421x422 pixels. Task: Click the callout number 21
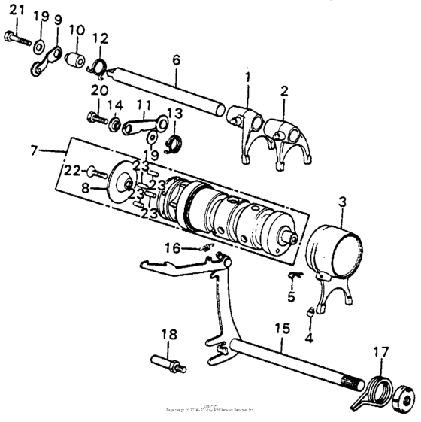tap(16, 10)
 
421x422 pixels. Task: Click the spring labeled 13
tap(174, 141)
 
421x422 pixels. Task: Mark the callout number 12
tap(100, 38)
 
